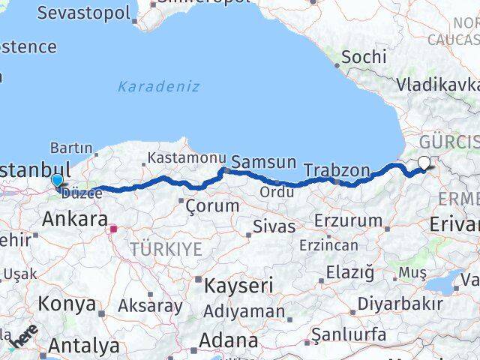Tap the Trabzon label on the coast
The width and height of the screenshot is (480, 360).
tap(337, 170)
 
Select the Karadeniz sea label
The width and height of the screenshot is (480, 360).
tap(158, 86)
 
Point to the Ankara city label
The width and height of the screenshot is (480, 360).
tap(73, 219)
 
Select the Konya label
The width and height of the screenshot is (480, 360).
tap(67, 304)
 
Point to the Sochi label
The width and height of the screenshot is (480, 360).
tap(364, 56)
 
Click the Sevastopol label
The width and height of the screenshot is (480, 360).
tap(83, 13)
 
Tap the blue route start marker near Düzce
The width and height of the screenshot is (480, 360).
tap(58, 180)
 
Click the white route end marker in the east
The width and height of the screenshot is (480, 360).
tap(424, 162)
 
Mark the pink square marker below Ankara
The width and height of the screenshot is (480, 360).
tap(113, 229)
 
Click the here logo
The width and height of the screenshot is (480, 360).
tap(23, 340)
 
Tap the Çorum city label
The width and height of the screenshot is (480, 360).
tap(212, 205)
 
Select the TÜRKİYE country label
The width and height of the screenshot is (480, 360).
tap(166, 249)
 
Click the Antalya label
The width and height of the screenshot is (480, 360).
tap(84, 346)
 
